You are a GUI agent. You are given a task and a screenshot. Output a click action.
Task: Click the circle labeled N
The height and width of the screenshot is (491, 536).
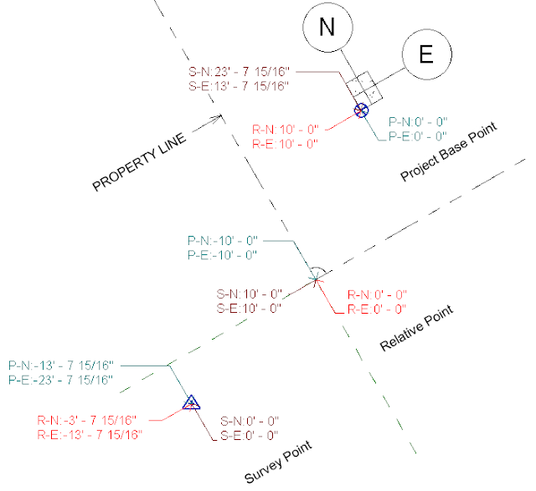327,28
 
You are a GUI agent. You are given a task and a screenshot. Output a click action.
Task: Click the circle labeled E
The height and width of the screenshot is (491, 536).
427,54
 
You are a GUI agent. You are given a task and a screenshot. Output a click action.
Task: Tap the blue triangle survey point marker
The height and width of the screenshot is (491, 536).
191,402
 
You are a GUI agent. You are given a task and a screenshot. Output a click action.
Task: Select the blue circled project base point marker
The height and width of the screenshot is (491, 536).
361,110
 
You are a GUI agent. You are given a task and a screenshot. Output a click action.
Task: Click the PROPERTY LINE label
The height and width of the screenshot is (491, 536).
140,161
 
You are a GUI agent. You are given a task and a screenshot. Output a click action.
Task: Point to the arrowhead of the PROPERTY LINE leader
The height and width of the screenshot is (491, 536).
220,117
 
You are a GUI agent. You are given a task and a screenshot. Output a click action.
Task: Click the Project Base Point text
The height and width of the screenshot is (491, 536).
449,151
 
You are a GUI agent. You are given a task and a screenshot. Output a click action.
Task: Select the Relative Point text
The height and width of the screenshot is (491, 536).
417,328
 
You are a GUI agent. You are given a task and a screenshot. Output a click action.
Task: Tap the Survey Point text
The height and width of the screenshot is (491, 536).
278,462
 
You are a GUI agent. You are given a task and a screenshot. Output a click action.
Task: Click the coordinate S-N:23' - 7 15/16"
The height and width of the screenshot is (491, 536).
239,72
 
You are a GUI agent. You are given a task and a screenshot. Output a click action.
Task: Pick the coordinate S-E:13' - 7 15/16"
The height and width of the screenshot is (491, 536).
239,86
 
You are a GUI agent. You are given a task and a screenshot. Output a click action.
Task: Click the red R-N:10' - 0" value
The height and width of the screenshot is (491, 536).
286,130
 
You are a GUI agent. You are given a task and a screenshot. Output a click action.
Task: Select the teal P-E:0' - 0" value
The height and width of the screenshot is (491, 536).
418,136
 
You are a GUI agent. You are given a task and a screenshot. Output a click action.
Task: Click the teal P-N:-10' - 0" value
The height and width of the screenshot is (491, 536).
223,241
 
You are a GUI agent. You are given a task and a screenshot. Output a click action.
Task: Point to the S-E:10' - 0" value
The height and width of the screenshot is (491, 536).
249,309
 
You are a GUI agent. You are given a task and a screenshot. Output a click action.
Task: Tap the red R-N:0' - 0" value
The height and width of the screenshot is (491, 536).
377,294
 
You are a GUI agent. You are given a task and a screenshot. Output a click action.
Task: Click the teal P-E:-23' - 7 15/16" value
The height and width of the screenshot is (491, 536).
60,380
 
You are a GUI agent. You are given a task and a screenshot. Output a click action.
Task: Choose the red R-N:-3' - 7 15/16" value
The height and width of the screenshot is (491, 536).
87,421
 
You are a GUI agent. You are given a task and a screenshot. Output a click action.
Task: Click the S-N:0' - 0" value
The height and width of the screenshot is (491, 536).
250,422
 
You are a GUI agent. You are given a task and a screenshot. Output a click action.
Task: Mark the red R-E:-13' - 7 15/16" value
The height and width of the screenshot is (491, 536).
90,435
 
